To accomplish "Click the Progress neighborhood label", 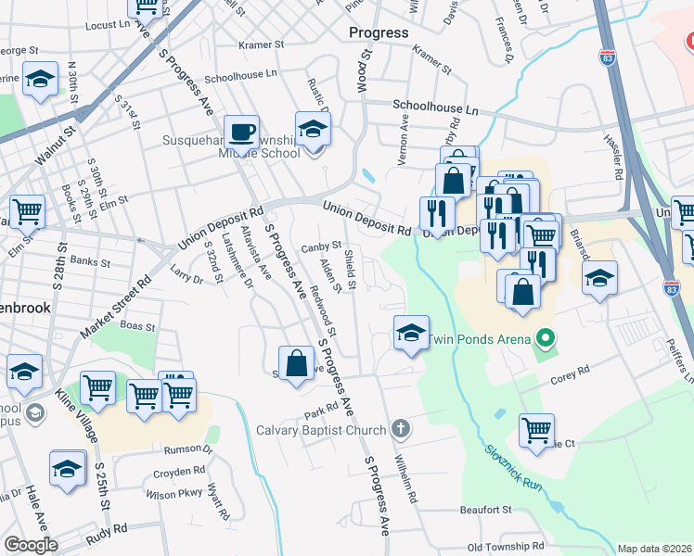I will click(x=379, y=32).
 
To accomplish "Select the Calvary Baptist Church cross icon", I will click(x=400, y=428).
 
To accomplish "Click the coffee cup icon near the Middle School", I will click(x=242, y=132).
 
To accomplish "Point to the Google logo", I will click(x=31, y=545).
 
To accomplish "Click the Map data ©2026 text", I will click(x=655, y=549).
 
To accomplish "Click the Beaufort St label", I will click(x=486, y=510).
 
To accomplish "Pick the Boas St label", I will click(x=136, y=325).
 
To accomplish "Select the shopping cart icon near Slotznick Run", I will click(x=536, y=430).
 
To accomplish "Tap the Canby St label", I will click(x=322, y=246).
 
